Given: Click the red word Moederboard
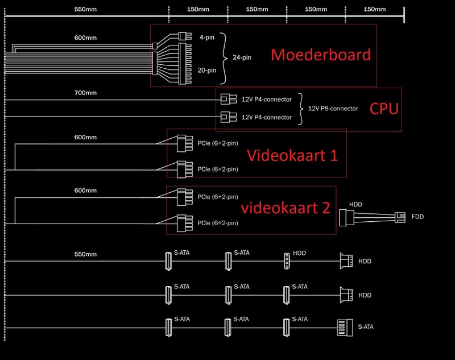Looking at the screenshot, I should (x=321, y=55).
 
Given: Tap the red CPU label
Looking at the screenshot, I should (x=385, y=108).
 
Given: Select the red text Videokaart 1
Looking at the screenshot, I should (x=292, y=155).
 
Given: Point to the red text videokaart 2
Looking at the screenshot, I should (x=286, y=208).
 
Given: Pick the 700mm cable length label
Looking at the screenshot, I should (x=85, y=92).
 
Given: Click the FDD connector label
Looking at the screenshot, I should (x=418, y=217).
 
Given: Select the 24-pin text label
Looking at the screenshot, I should (x=242, y=57).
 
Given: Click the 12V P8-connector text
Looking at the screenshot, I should (x=333, y=109).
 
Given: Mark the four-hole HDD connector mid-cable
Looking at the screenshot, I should (x=287, y=261).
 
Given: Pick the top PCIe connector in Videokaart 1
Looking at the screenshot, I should (x=181, y=143).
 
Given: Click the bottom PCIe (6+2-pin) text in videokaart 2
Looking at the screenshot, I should (x=218, y=223).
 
